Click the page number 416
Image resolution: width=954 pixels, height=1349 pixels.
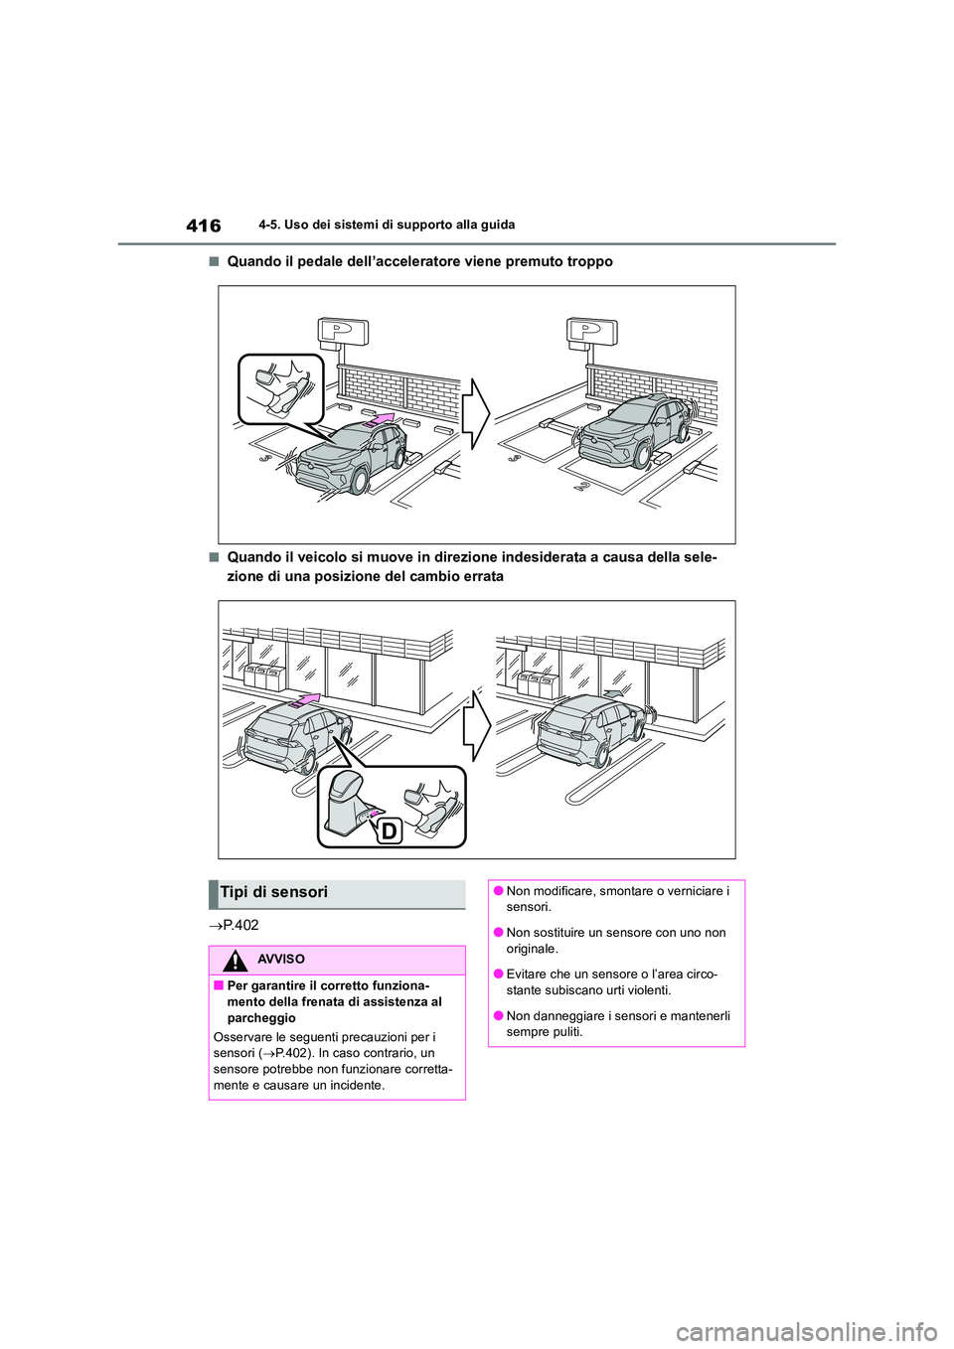[204, 225]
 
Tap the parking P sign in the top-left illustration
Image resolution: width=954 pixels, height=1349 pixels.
[343, 331]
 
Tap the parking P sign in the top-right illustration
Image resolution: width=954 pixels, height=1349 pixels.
[591, 331]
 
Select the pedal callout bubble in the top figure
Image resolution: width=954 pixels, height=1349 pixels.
[281, 388]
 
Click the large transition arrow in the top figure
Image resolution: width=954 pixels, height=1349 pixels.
[476, 414]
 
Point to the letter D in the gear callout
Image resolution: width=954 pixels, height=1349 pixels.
[389, 830]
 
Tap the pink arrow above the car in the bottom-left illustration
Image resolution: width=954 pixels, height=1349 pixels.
[305, 701]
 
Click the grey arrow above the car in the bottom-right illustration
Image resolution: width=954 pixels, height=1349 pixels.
[613, 693]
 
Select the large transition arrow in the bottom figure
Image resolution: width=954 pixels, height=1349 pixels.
[477, 727]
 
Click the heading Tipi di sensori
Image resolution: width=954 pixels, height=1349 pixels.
[274, 892]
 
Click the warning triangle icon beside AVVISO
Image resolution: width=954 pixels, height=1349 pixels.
[235, 961]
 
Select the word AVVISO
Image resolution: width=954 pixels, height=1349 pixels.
[281, 960]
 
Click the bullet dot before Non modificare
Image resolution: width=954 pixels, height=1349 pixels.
[497, 892]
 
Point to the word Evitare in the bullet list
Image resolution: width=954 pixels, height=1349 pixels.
[528, 974]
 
